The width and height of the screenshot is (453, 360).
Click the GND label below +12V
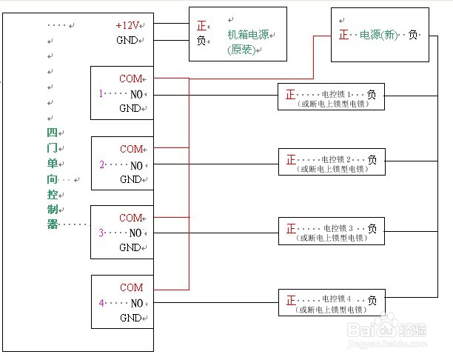click(127, 40)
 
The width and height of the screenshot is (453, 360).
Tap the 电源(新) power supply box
click(379, 34)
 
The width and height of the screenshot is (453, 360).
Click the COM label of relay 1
click(131, 79)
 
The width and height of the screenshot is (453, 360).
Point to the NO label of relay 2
click(136, 164)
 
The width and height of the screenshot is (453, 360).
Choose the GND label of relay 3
click(130, 248)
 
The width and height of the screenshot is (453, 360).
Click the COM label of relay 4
click(131, 287)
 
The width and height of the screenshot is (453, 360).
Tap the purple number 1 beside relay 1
click(101, 94)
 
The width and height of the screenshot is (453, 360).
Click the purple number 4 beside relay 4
click(101, 303)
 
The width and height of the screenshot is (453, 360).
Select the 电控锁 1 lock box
click(332, 98)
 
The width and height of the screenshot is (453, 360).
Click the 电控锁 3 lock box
click(332, 231)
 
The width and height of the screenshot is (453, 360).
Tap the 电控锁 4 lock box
click(332, 302)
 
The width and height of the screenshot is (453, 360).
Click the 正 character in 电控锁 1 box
click(290, 95)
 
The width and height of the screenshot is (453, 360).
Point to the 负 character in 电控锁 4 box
click(372, 300)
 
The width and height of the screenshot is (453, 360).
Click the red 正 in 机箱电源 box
click(201, 25)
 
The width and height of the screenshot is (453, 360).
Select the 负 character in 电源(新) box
click(413, 35)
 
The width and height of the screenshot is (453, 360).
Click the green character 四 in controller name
click(52, 133)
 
